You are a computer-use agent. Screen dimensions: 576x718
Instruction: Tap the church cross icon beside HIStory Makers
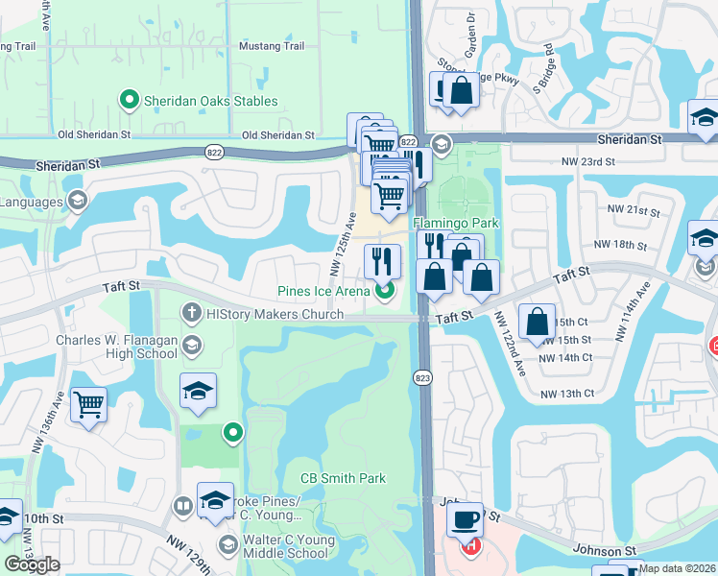191,313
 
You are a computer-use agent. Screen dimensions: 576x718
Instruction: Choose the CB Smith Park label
343,478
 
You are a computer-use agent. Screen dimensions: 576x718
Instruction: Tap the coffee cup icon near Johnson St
467,518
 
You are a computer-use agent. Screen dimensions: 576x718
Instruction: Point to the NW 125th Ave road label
345,243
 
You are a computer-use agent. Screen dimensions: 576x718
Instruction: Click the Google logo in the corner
32,564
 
